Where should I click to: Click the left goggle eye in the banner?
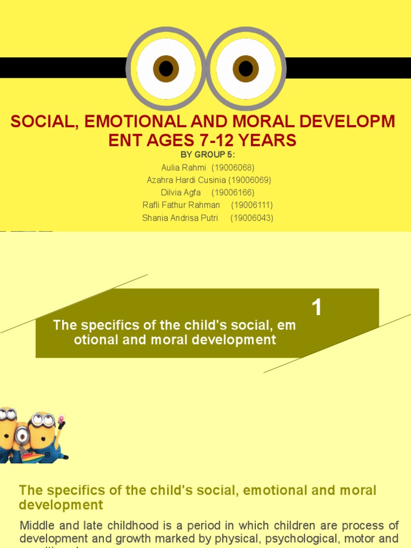coord(166,68)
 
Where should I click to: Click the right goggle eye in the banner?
coord(246,68)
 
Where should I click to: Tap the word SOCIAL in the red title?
coord(41,121)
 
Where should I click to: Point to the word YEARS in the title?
coord(267,140)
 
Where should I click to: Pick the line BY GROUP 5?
coord(208,155)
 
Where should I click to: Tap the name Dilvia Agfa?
coord(181,193)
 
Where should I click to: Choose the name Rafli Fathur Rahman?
coord(181,205)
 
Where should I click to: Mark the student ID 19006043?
coord(252,218)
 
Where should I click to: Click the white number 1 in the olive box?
coord(317,308)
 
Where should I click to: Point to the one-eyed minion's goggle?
coord(22,435)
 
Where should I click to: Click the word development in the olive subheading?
coord(61,505)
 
